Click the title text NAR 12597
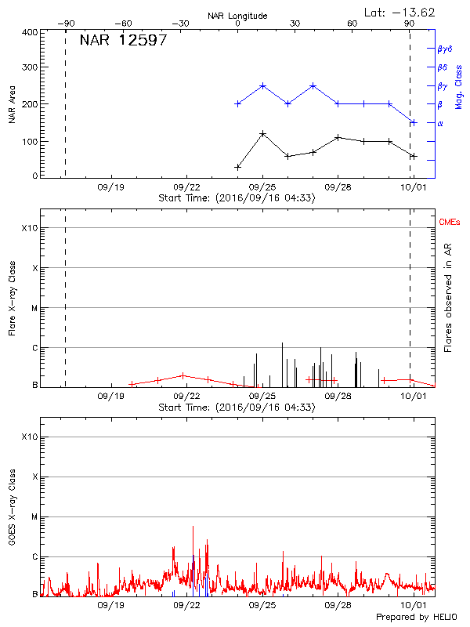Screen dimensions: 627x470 123,41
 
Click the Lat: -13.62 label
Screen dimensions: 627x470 400,11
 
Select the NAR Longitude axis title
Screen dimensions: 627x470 237,16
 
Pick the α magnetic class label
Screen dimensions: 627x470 440,123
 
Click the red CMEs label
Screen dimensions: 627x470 451,223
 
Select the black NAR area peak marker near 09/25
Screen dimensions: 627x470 262,134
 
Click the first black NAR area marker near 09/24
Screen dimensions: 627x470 238,167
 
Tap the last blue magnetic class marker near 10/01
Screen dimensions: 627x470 413,122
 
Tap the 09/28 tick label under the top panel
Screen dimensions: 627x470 338,187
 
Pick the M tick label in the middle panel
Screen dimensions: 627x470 34,308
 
